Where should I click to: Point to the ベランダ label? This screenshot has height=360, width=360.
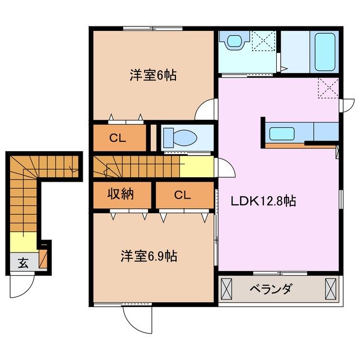click(x=271, y=290)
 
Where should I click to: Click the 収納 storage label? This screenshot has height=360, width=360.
click(x=121, y=195)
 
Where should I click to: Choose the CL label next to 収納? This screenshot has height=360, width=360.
click(x=182, y=195)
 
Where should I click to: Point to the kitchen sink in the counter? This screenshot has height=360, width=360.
click(x=280, y=133)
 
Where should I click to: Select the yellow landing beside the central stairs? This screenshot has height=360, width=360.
click(x=196, y=166)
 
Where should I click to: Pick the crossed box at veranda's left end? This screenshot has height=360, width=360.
click(x=226, y=290)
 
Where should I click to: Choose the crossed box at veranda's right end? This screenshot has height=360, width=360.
click(x=330, y=290)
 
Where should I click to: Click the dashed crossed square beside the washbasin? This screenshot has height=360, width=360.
click(x=262, y=41)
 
